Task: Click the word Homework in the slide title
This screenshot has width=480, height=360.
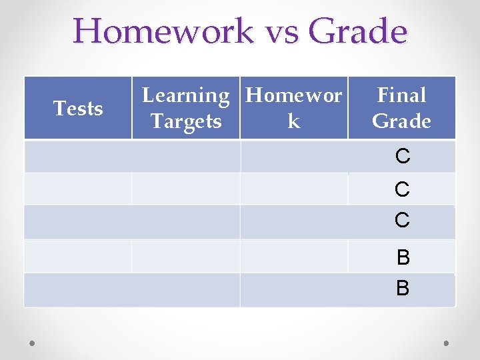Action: (163, 31)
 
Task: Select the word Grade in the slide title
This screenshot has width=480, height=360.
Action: (358, 31)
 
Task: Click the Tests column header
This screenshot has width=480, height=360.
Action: (78, 108)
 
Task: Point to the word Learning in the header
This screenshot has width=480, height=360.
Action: (186, 96)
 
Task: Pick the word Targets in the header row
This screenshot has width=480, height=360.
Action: (186, 121)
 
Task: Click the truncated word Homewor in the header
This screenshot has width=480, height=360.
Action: (294, 96)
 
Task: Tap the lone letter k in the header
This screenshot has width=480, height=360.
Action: (293, 121)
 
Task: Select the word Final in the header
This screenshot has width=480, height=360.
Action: (401, 96)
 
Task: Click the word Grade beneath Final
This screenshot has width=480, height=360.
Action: (401, 121)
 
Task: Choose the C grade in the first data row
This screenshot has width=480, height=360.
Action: (402, 157)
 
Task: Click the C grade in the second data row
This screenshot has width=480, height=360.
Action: (402, 190)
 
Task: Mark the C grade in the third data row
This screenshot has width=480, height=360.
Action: (402, 221)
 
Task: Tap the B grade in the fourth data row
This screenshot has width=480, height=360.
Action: (403, 257)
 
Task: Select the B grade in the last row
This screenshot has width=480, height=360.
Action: (403, 289)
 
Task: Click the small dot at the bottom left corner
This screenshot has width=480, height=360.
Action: (33, 343)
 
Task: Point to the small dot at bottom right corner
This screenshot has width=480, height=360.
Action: (446, 343)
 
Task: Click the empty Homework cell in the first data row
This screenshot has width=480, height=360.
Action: (293, 157)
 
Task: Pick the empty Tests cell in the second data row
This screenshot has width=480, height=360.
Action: (78, 189)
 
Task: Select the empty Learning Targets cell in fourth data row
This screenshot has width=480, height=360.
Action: (186, 256)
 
